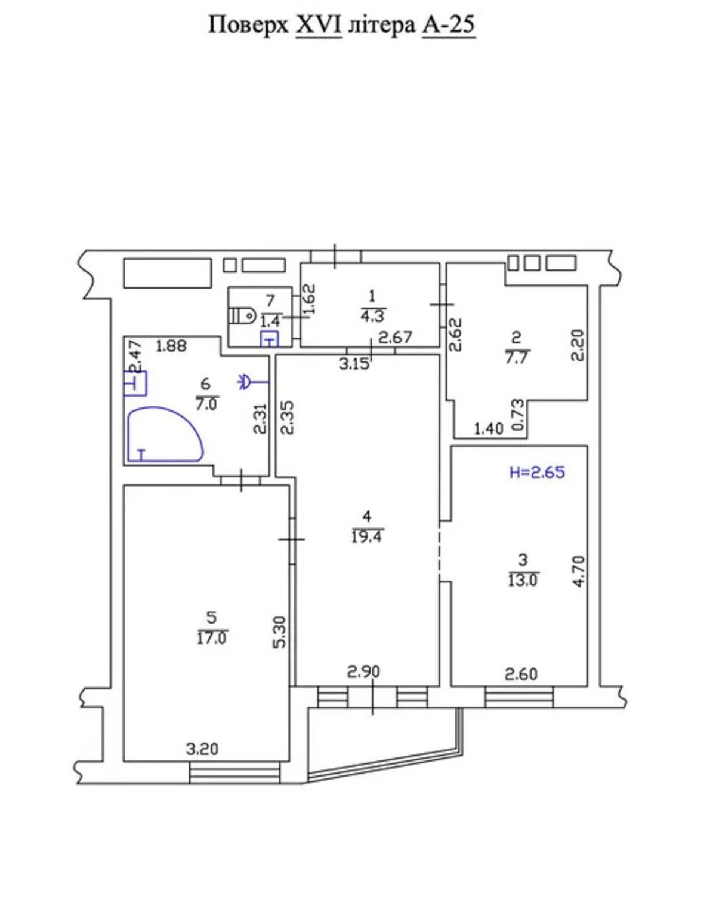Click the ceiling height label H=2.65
coord(538,472)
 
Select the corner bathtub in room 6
coord(165,434)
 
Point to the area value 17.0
coord(212,639)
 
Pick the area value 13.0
coord(523,581)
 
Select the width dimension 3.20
coord(202,749)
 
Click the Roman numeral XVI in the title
coord(319,25)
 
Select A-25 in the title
coord(449,25)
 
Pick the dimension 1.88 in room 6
coord(171,346)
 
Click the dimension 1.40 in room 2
coord(489,429)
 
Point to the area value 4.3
coord(372,315)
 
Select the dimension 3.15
coord(354,363)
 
